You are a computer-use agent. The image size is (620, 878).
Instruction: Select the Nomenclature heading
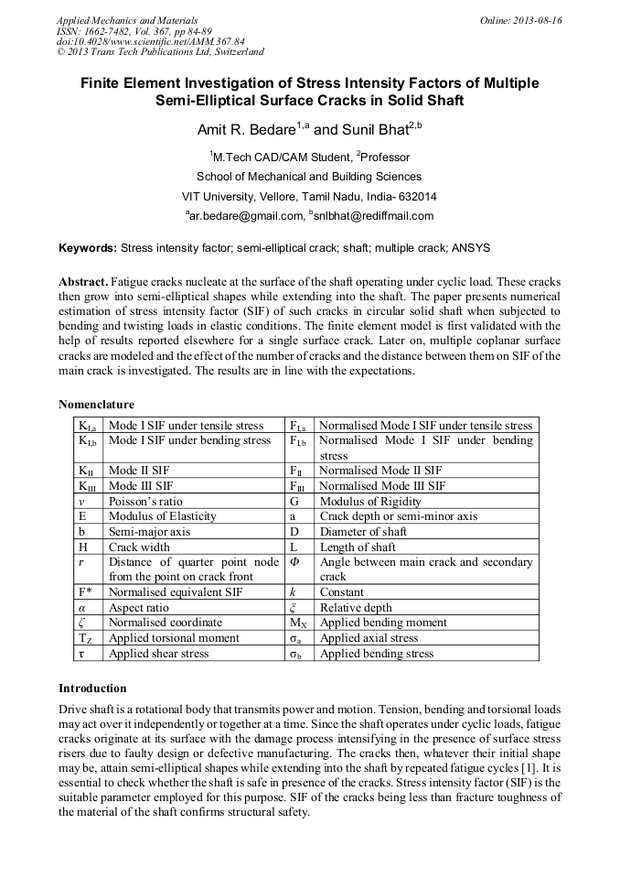click(96, 404)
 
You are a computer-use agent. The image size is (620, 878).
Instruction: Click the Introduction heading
click(92, 688)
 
